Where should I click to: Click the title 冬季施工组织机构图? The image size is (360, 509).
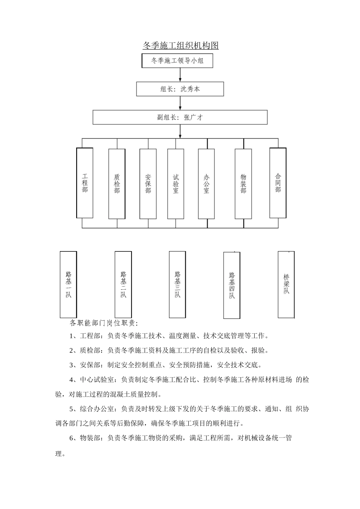pyautogui.click(x=180, y=46)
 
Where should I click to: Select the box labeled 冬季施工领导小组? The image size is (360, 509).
pyautogui.click(x=177, y=61)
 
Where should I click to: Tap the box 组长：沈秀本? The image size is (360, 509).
pyautogui.click(x=180, y=89)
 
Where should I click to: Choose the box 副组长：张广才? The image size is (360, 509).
pyautogui.click(x=180, y=117)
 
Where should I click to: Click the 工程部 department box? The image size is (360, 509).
pyautogui.click(x=85, y=183)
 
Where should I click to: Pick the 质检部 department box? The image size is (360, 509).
pyautogui.click(x=117, y=184)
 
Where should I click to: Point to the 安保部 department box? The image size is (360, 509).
pyautogui.click(x=148, y=184)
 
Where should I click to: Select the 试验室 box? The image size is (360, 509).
pyautogui.click(x=176, y=184)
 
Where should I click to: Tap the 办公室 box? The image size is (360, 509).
pyautogui.click(x=207, y=184)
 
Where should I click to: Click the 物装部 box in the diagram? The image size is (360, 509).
pyautogui.click(x=243, y=184)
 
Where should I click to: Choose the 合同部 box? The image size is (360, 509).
pyautogui.click(x=278, y=183)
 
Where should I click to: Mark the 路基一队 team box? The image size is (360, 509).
pyautogui.click(x=68, y=284)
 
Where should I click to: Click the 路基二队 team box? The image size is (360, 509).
pyautogui.click(x=123, y=284)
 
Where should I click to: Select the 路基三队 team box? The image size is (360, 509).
pyautogui.click(x=177, y=284)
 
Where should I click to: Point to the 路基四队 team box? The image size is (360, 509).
pyautogui.click(x=232, y=285)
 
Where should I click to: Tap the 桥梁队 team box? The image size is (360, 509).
pyautogui.click(x=286, y=284)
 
